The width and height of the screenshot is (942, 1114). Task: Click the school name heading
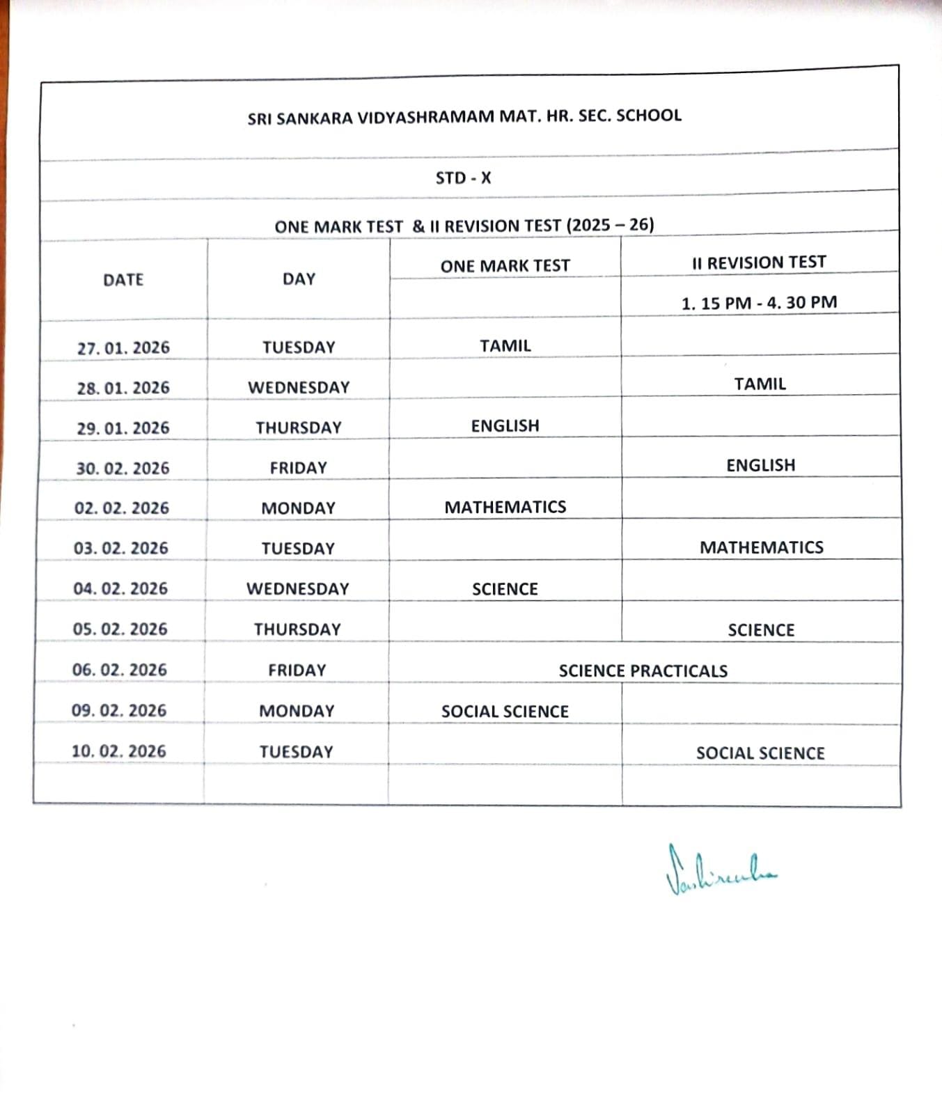pos(464,117)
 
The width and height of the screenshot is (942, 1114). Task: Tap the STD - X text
pos(463,178)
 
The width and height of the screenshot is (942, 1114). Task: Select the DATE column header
pos(123,280)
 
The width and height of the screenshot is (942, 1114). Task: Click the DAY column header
pos(299,279)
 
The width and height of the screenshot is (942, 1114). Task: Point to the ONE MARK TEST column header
pos(505,266)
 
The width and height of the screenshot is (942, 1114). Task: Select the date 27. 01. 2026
pos(123,347)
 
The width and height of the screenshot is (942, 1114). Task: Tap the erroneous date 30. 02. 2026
pos(123,469)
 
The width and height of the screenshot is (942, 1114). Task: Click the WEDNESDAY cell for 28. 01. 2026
pos(299,388)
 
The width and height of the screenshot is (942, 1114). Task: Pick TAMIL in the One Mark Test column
pos(505,346)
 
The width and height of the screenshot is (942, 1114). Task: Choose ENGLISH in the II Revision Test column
pos(760,466)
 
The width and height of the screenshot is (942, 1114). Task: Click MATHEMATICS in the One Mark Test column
pos(505,508)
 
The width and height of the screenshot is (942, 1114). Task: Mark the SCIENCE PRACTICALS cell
pos(643,671)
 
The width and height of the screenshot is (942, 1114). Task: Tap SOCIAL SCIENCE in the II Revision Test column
pos(760,753)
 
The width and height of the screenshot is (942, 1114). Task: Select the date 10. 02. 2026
pos(119,752)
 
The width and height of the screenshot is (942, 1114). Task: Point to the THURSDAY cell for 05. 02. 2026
pos(297,629)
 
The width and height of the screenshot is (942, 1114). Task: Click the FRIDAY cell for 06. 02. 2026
pos(297,670)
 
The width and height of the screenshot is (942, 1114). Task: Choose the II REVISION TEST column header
pos(759,263)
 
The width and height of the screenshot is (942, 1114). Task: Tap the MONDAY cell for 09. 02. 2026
pos(297,712)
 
